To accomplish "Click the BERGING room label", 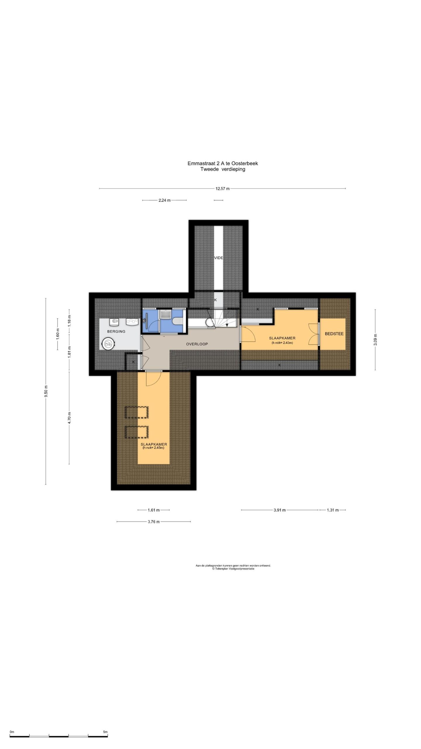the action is pyautogui.click(x=116, y=331).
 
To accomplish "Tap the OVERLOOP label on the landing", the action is pyautogui.click(x=197, y=344).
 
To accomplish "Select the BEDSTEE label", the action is pyautogui.click(x=334, y=334).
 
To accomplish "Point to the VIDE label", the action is pyautogui.click(x=219, y=258).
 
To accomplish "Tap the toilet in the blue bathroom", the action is pyautogui.click(x=177, y=321).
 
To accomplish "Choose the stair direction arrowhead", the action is pyautogui.click(x=227, y=325).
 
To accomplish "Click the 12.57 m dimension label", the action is pyautogui.click(x=222, y=189).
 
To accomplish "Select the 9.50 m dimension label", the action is pyautogui.click(x=46, y=391).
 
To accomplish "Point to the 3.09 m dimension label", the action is pyautogui.click(x=375, y=340).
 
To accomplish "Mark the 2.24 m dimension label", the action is pyautogui.click(x=164, y=200).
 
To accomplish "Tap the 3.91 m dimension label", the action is pyautogui.click(x=279, y=510).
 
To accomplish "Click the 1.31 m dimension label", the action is pyautogui.click(x=333, y=510).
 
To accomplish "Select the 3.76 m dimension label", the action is pyautogui.click(x=154, y=522).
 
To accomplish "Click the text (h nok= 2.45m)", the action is pyautogui.click(x=153, y=448).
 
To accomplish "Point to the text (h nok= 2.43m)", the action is pyautogui.click(x=282, y=343).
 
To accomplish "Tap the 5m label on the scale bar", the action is pyautogui.click(x=105, y=732).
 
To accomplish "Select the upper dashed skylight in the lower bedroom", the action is pyautogui.click(x=137, y=413).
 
